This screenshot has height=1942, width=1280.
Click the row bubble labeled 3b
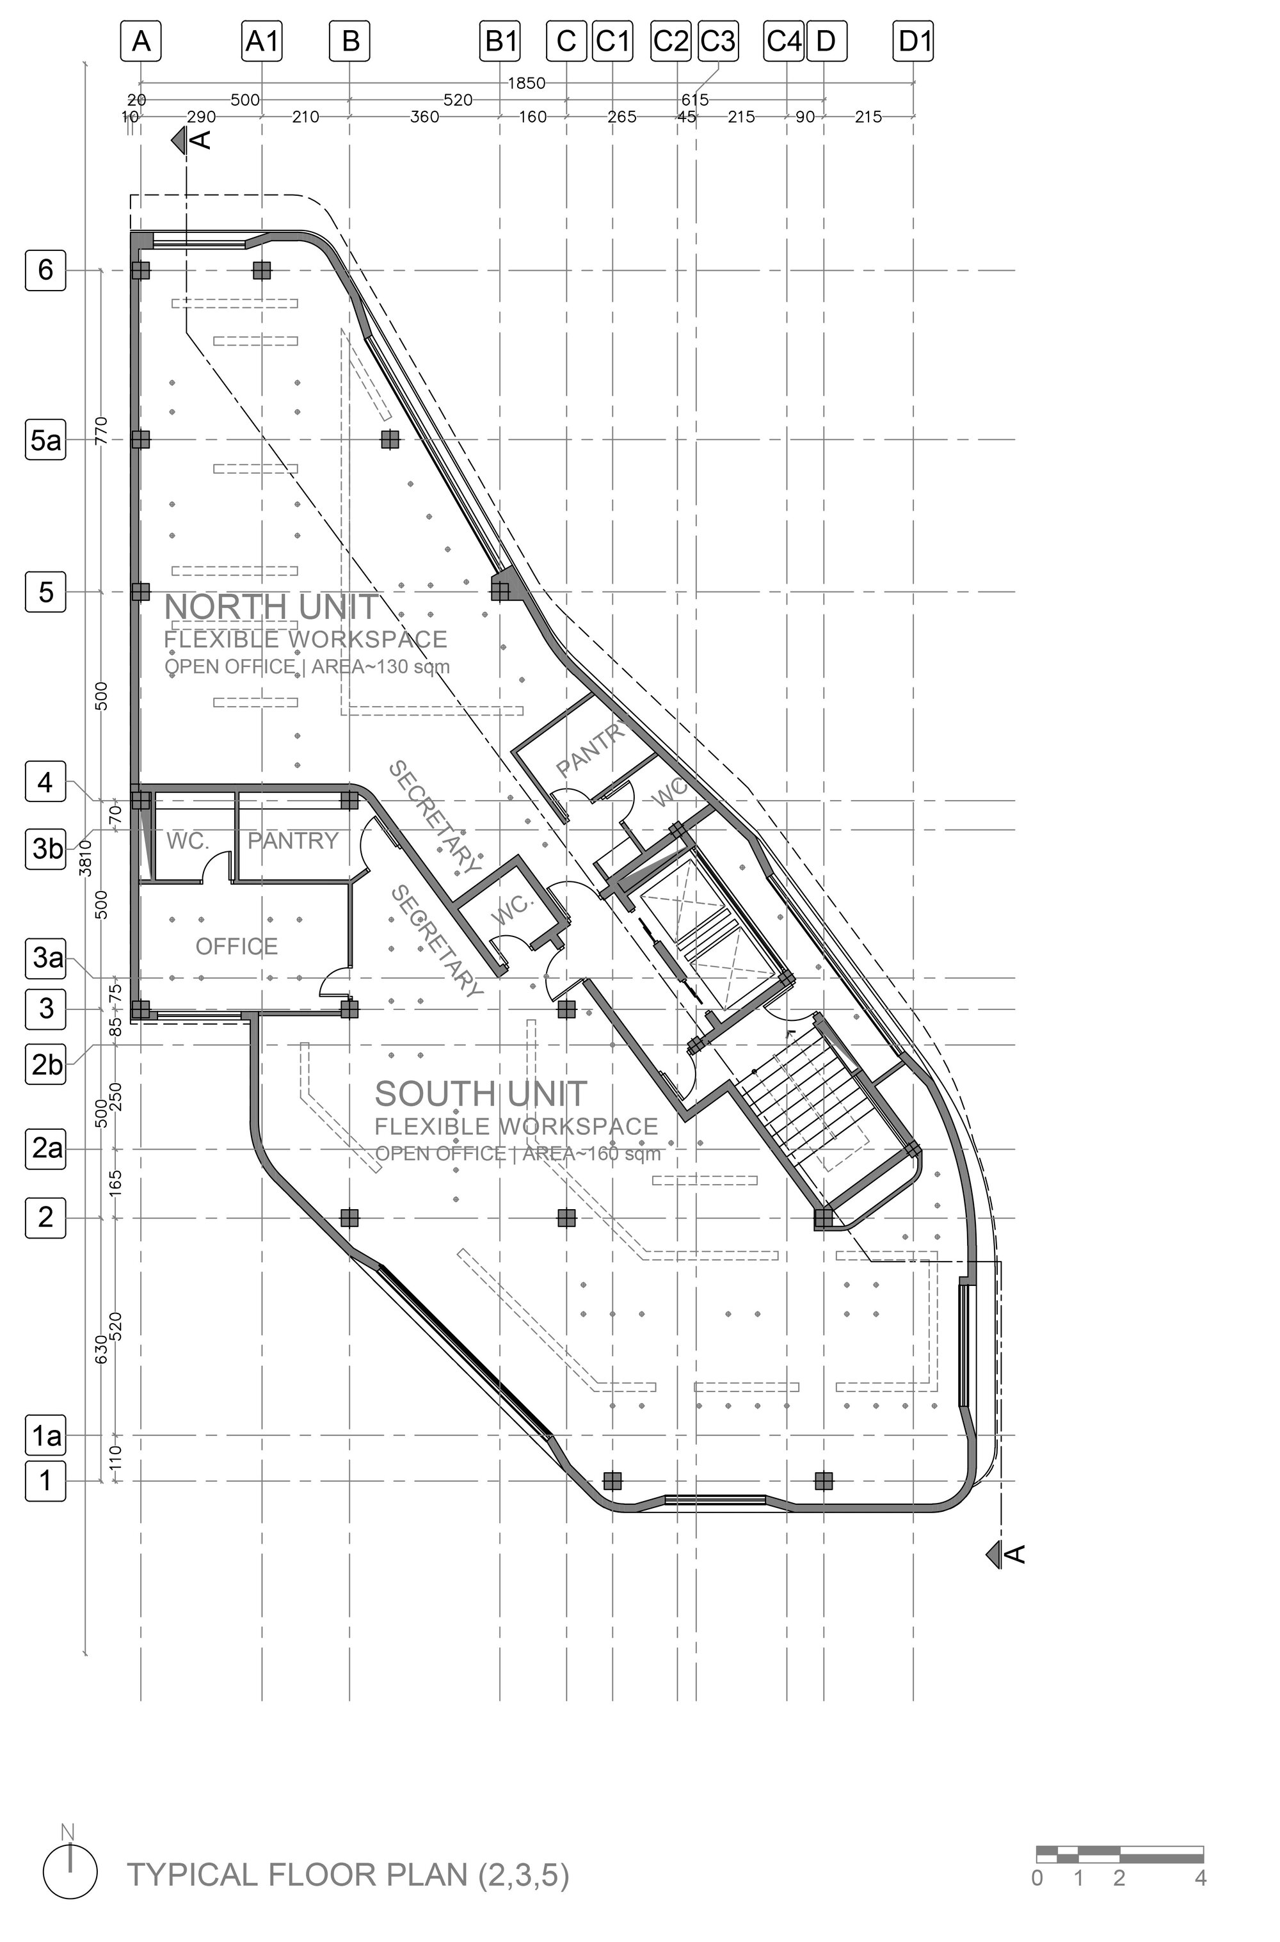[x=47, y=849]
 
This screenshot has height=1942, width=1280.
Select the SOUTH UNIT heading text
[x=481, y=1094]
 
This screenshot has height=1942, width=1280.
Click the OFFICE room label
[x=237, y=946]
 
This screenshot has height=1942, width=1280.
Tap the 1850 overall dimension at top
[x=527, y=83]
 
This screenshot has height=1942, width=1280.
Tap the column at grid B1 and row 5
[x=500, y=591]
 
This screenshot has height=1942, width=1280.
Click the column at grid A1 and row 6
[x=262, y=269]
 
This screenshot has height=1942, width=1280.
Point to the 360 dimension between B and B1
[x=424, y=116]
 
